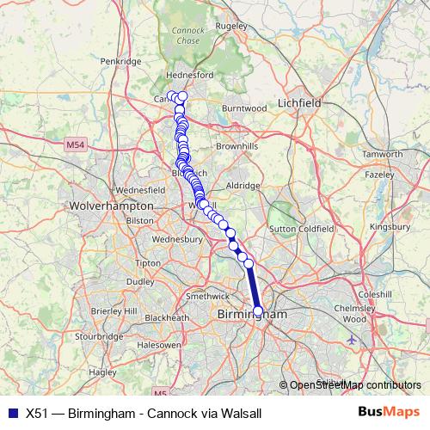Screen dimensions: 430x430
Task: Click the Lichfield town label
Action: point(299,102)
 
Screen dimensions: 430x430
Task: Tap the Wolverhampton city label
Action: point(82,206)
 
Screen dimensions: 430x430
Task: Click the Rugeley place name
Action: point(231,27)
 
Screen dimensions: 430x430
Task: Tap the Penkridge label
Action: point(120,62)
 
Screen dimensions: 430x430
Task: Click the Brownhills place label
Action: point(236,147)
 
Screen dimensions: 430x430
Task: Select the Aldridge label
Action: point(242,185)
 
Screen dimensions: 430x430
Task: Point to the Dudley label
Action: point(139,280)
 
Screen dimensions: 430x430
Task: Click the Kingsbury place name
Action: point(390,227)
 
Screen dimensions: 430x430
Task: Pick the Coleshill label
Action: point(375,293)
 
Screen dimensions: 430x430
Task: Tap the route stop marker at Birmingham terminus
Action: point(258,310)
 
